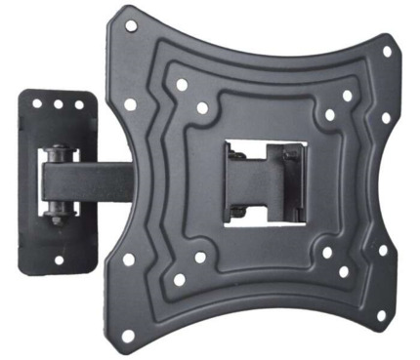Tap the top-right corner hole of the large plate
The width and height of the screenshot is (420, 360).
tap(386, 50)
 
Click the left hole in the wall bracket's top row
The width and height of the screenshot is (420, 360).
tap(37, 102)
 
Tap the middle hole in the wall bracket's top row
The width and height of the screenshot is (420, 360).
tap(57, 103)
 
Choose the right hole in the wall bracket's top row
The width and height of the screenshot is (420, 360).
tap(76, 104)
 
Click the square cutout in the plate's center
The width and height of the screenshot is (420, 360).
tap(264, 180)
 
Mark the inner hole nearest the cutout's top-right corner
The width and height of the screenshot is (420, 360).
tap(329, 114)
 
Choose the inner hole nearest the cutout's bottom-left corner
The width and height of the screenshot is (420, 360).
tap(199, 258)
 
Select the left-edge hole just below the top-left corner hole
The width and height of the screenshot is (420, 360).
tap(130, 103)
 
